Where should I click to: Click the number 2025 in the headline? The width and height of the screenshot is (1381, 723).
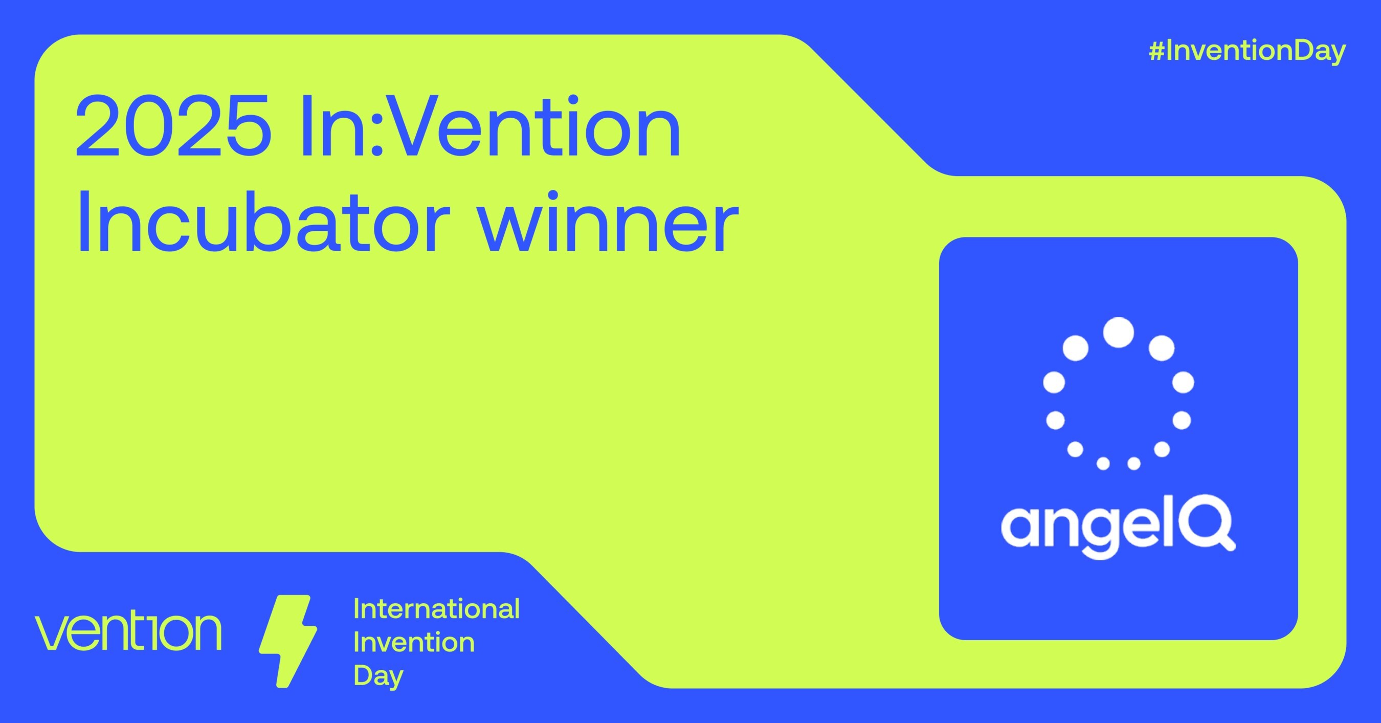173,126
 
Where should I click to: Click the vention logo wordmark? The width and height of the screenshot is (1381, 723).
129,632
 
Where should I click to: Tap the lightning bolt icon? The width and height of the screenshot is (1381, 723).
288,641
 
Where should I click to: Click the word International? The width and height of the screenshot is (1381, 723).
436,609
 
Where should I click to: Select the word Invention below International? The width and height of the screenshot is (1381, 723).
414,642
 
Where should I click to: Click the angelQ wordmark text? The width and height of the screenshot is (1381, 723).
1118,527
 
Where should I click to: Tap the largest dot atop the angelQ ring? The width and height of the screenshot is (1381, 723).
1118,333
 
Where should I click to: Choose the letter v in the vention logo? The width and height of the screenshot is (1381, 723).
53,633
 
